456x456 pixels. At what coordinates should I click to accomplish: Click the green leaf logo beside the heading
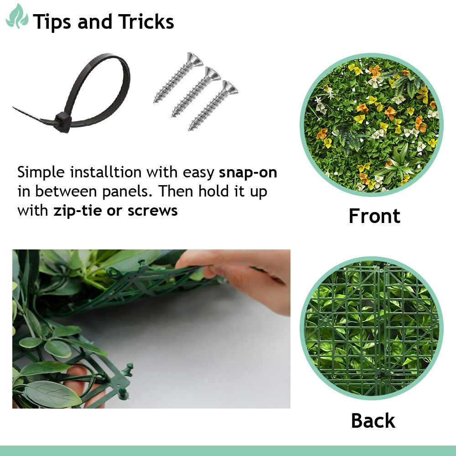tap(17, 16)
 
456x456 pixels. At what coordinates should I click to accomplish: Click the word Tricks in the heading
tap(146, 21)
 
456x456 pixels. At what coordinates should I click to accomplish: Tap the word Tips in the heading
tap(52, 22)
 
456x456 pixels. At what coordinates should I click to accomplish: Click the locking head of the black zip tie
tap(62, 122)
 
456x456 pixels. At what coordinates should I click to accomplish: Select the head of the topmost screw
tap(194, 60)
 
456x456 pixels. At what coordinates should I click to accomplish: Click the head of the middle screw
tap(212, 74)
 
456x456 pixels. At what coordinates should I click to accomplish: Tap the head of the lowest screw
tap(230, 88)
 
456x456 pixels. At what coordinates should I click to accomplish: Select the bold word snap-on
tap(248, 172)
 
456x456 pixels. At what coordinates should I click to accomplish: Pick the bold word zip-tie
tap(78, 211)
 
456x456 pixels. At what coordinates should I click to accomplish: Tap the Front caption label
tap(374, 216)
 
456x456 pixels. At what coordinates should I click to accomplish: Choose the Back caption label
tap(373, 420)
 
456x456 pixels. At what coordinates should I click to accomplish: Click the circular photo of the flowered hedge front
tap(371, 124)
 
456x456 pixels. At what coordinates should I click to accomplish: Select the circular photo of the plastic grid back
tap(371, 328)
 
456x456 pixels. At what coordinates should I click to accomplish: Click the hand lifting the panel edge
tap(241, 276)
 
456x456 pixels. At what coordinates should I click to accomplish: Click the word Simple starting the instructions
tap(41, 172)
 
